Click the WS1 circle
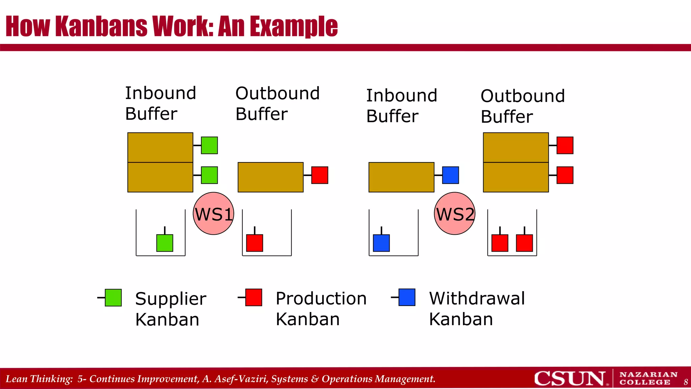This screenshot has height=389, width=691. tap(213, 213)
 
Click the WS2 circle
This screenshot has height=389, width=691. tap(454, 213)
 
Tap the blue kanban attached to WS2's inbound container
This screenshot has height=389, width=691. tap(450, 175)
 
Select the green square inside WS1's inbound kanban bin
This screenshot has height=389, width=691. tap(165, 243)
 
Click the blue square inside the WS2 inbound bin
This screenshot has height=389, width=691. tap(381, 243)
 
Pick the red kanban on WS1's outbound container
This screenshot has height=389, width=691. tap(320, 175)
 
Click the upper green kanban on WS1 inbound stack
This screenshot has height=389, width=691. tap(209, 145)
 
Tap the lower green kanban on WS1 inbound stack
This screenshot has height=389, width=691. tap(209, 175)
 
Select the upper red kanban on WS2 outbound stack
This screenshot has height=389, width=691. tap(565, 145)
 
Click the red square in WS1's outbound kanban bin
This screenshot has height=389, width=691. tap(254, 243)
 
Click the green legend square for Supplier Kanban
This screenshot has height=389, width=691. tap(113, 297)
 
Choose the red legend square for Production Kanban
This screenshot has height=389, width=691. tap(254, 297)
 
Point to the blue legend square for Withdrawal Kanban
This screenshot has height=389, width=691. tap(407, 297)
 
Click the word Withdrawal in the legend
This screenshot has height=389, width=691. tap(477, 299)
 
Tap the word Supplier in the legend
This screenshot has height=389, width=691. tap(170, 299)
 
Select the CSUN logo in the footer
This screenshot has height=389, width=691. tap(570, 379)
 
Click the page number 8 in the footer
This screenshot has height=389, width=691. tap(686, 382)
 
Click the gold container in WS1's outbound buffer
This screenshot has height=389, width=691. tap(270, 177)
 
